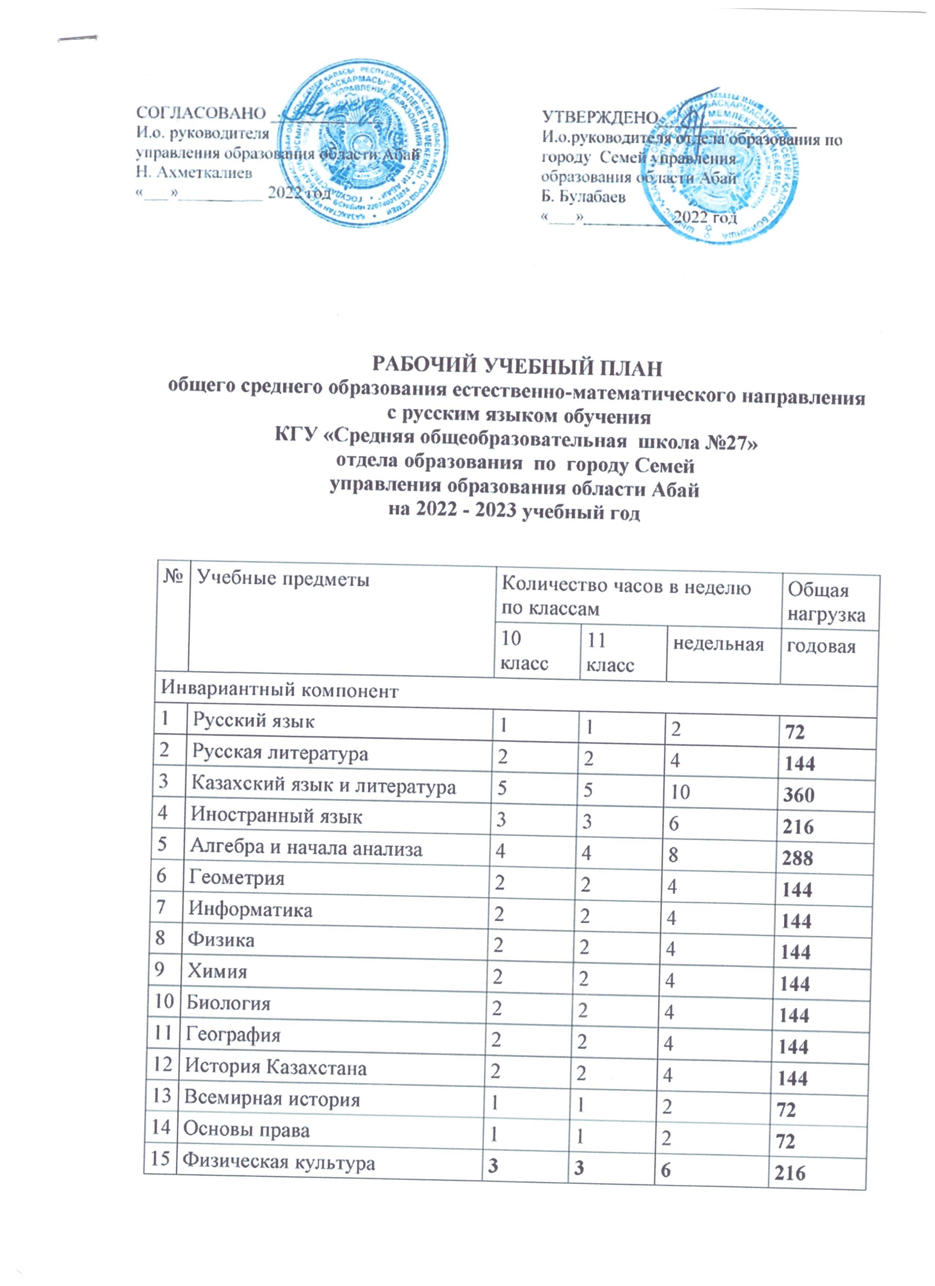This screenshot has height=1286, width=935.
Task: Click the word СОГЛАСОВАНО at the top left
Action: pyautogui.click(x=201, y=113)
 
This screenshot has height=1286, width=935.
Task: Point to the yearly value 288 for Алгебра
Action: pyautogui.click(x=798, y=858)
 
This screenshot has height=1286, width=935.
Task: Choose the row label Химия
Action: pyautogui.click(x=217, y=972)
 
